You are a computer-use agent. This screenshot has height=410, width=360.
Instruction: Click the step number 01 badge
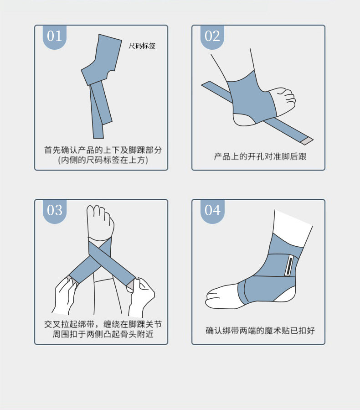[55, 37]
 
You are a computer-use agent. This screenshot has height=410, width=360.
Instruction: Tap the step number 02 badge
[212, 37]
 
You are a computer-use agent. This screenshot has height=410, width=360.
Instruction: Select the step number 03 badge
[55, 211]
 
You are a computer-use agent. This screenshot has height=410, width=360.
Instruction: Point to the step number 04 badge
[212, 211]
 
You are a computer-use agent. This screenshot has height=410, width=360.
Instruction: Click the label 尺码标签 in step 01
[142, 46]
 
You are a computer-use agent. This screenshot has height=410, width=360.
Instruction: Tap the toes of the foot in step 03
[100, 220]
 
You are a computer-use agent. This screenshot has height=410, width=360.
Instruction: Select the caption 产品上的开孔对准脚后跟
[260, 156]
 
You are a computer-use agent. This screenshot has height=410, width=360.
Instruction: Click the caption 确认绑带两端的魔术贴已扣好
[260, 331]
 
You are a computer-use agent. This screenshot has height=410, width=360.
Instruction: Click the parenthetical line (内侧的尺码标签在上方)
[103, 160]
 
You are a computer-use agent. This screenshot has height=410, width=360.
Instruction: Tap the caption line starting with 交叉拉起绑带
[103, 324]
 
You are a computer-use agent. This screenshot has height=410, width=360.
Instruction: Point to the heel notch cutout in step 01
[111, 74]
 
